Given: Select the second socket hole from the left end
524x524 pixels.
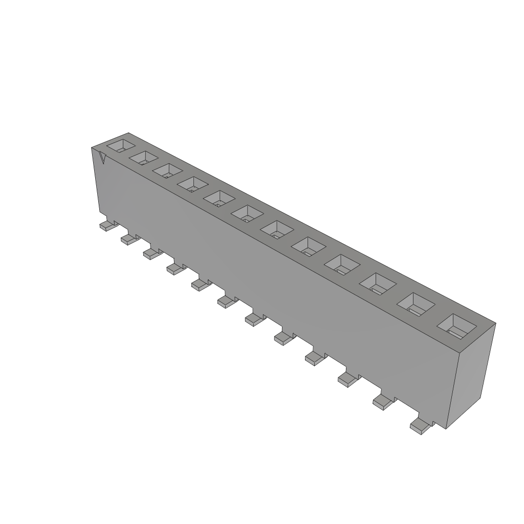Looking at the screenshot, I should pyautogui.click(x=144, y=158).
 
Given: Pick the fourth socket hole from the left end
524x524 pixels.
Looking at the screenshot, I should pyautogui.click(x=193, y=184).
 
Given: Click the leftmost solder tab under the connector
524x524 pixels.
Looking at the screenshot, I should pyautogui.click(x=106, y=226).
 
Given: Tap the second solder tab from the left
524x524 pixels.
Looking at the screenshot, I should pyautogui.click(x=128, y=239).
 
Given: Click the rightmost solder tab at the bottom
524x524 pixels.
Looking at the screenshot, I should pyautogui.click(x=420, y=426).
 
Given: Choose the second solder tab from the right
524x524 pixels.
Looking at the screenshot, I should pyautogui.click(x=382, y=402).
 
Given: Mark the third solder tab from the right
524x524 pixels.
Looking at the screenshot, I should pyautogui.click(x=346, y=379).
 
